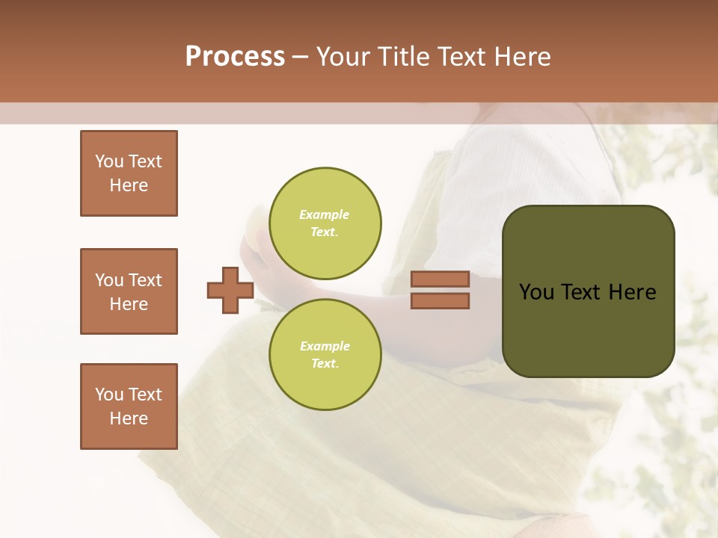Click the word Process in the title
pyautogui.click(x=235, y=57)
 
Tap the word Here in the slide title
pyautogui.click(x=522, y=57)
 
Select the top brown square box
pyautogui.click(x=129, y=173)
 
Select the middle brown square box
pyautogui.click(x=129, y=291)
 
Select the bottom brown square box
pyautogui.click(x=129, y=406)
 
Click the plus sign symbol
pyautogui.click(x=230, y=290)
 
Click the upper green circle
pyautogui.click(x=325, y=223)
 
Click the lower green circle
pyautogui.click(x=325, y=355)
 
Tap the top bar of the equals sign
pyautogui.click(x=440, y=279)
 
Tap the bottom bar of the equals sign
pyautogui.click(x=440, y=300)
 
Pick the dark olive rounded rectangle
pyautogui.click(x=588, y=329)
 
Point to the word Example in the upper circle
pyautogui.click(x=325, y=214)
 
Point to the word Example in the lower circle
pyautogui.click(x=325, y=346)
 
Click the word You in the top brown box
pyautogui.click(x=108, y=161)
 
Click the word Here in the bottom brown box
pyautogui.click(x=129, y=418)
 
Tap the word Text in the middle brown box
pyautogui.click(x=146, y=280)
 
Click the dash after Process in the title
pyautogui.click(x=301, y=57)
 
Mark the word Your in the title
pyautogui.click(x=341, y=57)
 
